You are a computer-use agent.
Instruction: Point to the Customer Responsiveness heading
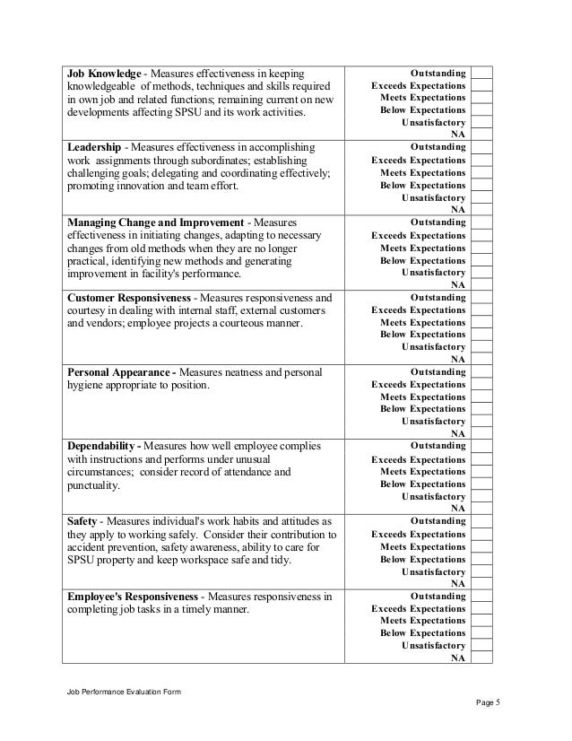click(128, 296)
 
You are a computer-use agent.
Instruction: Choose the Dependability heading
click(103, 446)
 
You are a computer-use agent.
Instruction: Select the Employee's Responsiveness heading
click(134, 596)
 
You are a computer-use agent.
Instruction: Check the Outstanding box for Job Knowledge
click(481, 72)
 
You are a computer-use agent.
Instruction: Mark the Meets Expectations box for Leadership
click(481, 172)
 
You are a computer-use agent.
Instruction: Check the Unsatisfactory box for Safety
click(481, 571)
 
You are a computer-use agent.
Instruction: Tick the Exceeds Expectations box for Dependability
click(481, 459)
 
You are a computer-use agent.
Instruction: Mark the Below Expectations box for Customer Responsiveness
click(481, 335)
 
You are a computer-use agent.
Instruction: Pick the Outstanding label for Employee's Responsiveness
click(438, 596)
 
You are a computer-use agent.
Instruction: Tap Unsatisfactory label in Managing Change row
click(434, 272)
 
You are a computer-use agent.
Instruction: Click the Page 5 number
click(487, 703)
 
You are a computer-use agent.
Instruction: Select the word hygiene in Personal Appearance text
click(87, 385)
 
